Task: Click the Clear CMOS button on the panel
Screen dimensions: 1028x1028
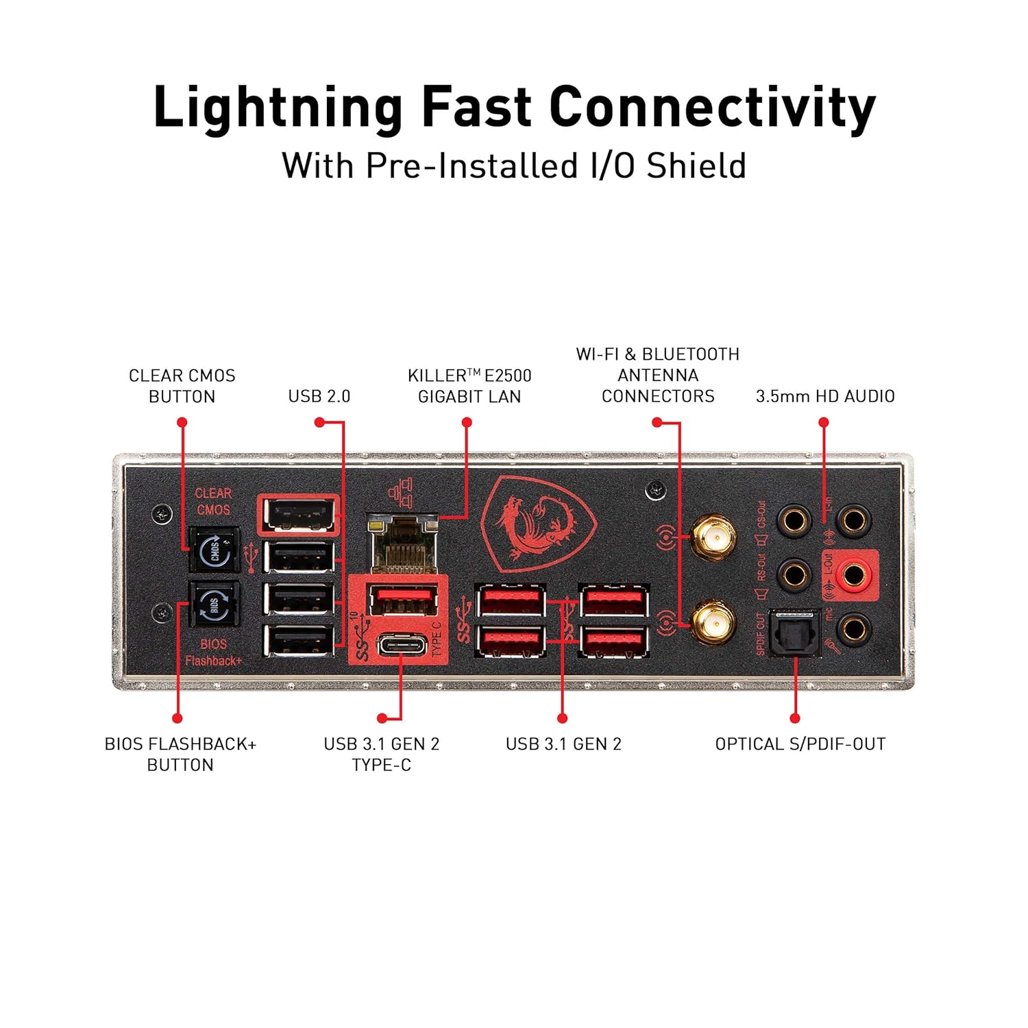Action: tap(214, 549)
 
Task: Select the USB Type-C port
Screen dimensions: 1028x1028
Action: tap(402, 646)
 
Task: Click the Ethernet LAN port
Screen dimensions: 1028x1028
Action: tap(403, 545)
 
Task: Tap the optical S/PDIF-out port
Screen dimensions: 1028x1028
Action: tap(794, 633)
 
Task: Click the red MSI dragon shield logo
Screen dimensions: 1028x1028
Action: tap(539, 524)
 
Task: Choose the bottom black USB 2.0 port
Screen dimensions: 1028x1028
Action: tap(299, 641)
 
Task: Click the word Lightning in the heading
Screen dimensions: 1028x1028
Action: tap(278, 108)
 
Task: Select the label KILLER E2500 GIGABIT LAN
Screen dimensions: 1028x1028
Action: tap(469, 386)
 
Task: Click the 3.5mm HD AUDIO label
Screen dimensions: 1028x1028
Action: tap(825, 396)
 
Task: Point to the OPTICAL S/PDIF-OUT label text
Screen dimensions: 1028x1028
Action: tap(800, 744)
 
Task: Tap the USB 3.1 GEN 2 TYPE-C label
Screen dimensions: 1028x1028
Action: tap(382, 754)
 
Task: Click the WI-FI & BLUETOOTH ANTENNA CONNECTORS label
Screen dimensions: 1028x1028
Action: tap(658, 375)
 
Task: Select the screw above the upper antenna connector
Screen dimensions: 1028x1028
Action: tap(656, 489)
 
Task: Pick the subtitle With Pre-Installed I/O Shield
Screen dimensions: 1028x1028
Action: tap(514, 166)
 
